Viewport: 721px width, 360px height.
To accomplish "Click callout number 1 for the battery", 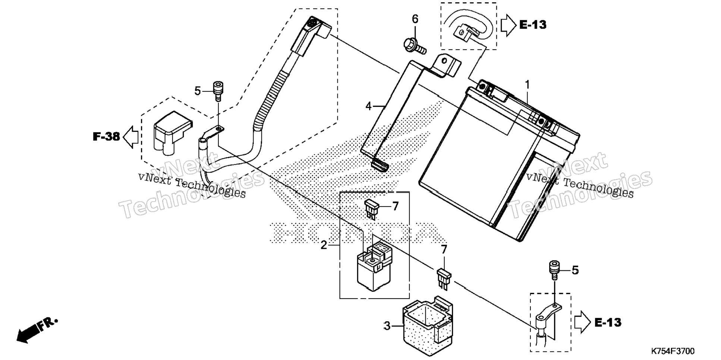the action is click(527, 85).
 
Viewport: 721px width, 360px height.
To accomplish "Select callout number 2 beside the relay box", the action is click(324, 245).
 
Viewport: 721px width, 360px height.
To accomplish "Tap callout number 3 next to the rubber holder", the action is click(387, 326).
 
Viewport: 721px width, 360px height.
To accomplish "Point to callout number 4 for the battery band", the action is click(368, 107).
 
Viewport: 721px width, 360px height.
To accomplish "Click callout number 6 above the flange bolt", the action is click(415, 19).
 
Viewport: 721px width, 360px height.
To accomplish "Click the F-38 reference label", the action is click(106, 137).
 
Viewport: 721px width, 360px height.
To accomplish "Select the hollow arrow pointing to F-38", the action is click(130, 137).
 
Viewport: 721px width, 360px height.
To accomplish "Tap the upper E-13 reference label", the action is click(533, 25).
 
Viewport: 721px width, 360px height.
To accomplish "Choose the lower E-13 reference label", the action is click(608, 322).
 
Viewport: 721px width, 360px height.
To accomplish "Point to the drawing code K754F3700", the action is click(673, 351).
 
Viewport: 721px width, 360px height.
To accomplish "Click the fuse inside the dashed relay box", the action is click(111, 209).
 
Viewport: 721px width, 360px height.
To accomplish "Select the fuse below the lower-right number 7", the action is click(444, 278).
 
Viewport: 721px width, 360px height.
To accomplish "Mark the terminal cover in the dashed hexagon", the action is click(171, 133).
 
